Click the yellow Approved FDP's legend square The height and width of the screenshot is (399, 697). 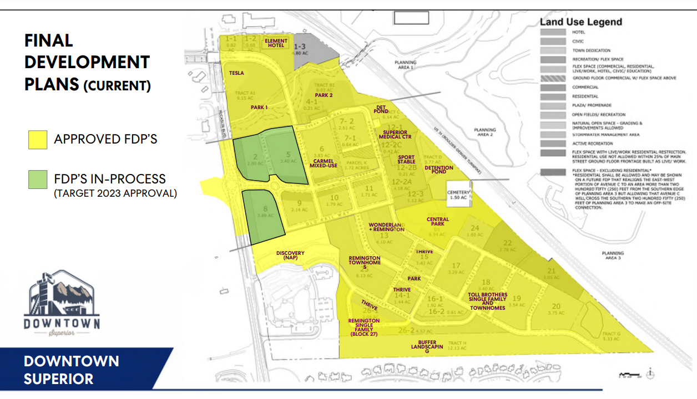[38, 139]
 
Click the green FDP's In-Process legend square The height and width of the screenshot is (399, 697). [38, 179]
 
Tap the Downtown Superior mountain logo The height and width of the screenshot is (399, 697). [62, 302]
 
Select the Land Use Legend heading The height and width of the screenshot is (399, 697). [581, 22]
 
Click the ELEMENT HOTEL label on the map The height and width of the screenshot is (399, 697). [276, 43]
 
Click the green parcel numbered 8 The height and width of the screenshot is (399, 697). [263, 213]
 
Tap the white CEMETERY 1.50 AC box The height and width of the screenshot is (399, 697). [458, 195]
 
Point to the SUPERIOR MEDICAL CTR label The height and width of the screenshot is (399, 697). [394, 135]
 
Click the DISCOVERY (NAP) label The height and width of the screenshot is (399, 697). [290, 255]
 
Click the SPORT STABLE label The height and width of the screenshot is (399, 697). [406, 160]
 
